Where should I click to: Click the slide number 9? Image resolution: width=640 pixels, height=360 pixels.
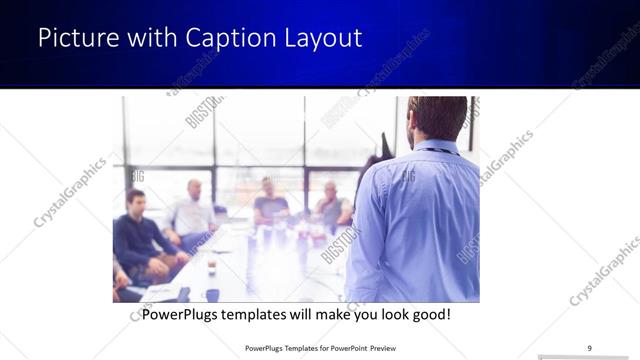590,347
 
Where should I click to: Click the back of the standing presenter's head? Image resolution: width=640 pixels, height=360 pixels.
438,118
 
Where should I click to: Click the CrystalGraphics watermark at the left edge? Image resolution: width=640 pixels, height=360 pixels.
70,192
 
